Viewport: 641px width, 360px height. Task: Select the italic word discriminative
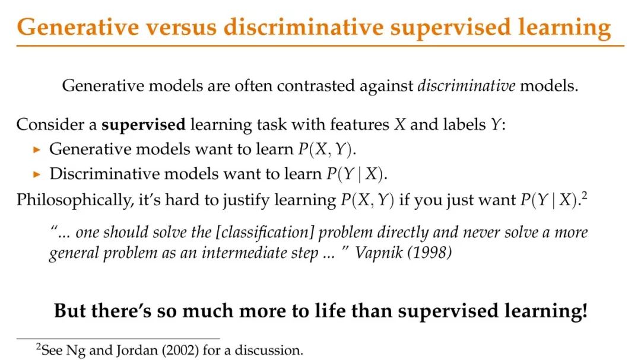(x=466, y=86)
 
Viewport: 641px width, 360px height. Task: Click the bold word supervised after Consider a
(x=144, y=125)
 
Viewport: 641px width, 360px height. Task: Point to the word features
(x=360, y=124)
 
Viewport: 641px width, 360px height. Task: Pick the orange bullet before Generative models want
(x=37, y=150)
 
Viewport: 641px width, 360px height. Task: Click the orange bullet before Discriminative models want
(x=37, y=175)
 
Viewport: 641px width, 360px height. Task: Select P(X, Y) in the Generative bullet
(x=325, y=149)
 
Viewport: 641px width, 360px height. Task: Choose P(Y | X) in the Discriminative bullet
(x=355, y=174)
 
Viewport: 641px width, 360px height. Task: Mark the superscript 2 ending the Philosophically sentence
(x=584, y=196)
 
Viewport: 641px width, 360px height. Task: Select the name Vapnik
(x=379, y=253)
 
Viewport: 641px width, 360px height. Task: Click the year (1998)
(x=429, y=253)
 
